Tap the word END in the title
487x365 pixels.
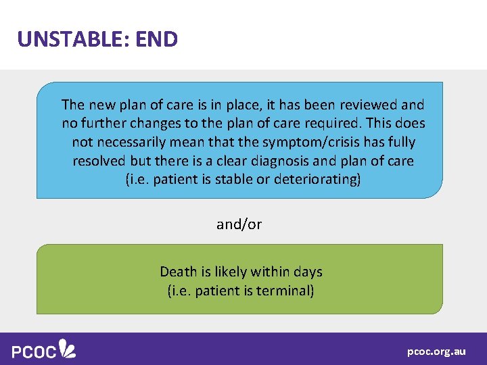pos(156,39)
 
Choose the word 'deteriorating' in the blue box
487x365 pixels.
pos(317,180)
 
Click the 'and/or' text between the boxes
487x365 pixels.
pos(239,224)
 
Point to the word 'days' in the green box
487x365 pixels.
pos(308,272)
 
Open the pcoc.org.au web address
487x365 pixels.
pos(436,351)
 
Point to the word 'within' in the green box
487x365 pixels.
pos(271,272)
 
